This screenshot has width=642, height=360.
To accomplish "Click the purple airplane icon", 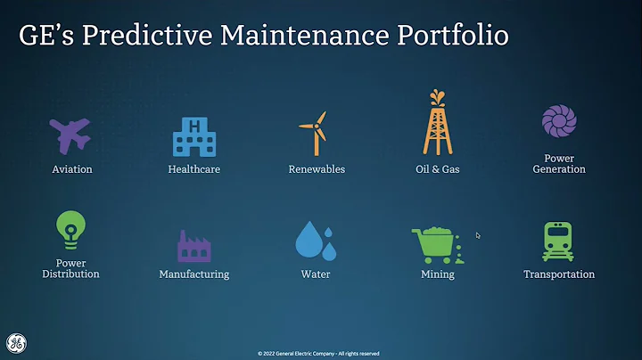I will coord(70,135).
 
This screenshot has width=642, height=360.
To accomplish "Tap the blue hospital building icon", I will coord(193,137).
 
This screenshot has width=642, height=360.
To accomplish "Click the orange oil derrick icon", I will coord(437,123).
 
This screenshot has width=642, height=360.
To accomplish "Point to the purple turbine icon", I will coord(559,122).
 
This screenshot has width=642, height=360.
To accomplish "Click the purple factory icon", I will coord(193,244).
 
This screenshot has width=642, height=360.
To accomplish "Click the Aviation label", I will coord(71,168).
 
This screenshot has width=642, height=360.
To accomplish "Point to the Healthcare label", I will coord(193,168).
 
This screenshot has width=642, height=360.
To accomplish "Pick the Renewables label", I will coord(317,168).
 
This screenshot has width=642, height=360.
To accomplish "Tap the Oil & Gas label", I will coord(437,168).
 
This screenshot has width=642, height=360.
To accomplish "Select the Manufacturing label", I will coord(193,274).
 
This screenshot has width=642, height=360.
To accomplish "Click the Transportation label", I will coord(559,274).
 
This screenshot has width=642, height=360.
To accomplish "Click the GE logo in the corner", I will coord(16,343).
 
